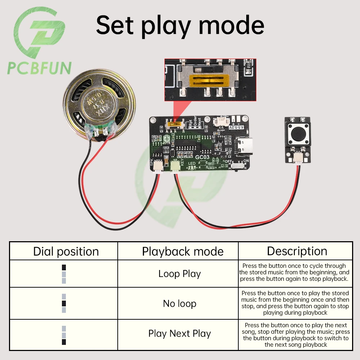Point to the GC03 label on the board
[203, 157]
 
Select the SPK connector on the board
[157, 166]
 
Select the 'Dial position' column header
[66, 251]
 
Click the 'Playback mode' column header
[183, 251]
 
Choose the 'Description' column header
[297, 251]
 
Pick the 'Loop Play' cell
[179, 274]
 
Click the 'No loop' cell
[179, 303]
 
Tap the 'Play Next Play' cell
[179, 333]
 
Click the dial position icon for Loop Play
[64, 274]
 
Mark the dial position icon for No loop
[64, 303]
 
